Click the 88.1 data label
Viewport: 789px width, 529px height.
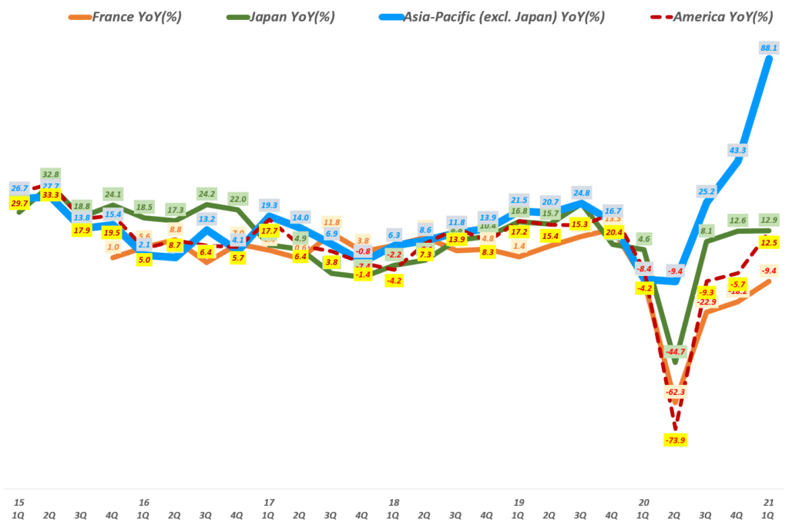[x=769, y=48]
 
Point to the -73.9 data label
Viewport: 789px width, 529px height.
[x=675, y=440]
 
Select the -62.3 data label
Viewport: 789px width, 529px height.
[x=675, y=393]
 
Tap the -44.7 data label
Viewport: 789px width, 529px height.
[x=675, y=352]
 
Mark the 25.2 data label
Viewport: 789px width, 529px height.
[x=706, y=191]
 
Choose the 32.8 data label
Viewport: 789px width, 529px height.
[x=51, y=174]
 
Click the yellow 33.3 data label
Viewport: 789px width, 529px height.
[x=51, y=196]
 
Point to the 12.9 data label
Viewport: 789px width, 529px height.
[x=769, y=221]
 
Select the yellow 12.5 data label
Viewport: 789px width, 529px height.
[x=769, y=243]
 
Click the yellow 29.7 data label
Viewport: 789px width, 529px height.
[x=19, y=203]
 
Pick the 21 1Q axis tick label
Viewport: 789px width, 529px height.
[x=769, y=508]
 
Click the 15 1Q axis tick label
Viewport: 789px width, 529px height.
[x=19, y=508]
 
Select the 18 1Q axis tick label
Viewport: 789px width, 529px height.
[x=394, y=508]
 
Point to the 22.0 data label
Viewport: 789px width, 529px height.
[x=237, y=200]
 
